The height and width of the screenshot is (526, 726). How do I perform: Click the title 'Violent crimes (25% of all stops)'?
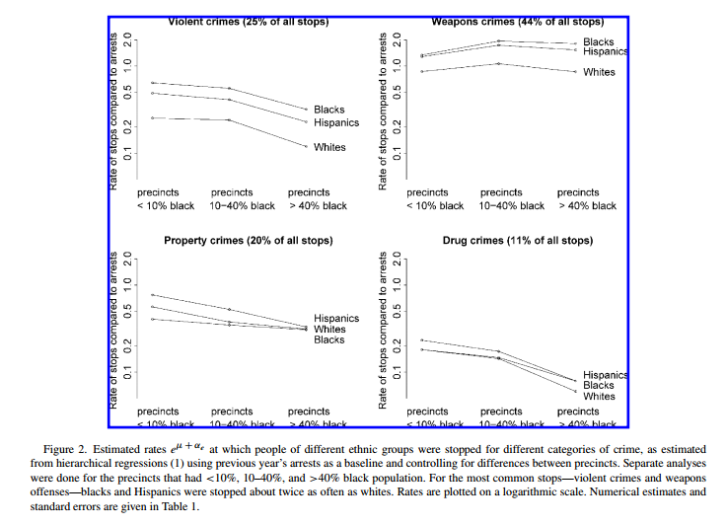(x=248, y=21)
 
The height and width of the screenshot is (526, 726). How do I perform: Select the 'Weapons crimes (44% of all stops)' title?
(x=517, y=21)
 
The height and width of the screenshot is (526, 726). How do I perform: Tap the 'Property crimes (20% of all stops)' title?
(x=248, y=241)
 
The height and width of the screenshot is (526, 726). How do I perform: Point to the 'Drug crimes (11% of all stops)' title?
(x=517, y=241)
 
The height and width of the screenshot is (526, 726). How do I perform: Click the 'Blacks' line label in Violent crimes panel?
(x=328, y=110)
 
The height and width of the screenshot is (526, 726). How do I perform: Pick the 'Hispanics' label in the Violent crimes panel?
(x=336, y=123)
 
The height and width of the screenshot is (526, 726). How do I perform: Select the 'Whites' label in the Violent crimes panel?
(x=329, y=148)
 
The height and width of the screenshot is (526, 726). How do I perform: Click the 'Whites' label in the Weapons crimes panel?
(x=599, y=72)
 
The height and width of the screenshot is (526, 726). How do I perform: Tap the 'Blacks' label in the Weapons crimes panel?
(x=598, y=41)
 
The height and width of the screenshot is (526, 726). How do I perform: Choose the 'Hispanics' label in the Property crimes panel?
(x=336, y=319)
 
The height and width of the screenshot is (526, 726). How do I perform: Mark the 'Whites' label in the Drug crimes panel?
(x=599, y=396)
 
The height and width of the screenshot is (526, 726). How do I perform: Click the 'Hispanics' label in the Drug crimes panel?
(x=606, y=375)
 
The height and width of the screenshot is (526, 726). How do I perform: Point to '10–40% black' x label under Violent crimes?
(x=244, y=206)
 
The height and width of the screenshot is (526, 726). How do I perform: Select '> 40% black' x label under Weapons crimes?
(x=587, y=206)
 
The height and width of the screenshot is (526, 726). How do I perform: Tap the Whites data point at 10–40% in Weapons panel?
(x=499, y=63)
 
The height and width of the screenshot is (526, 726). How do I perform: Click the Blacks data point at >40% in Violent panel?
(x=307, y=109)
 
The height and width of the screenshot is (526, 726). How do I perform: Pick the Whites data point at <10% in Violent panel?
(x=152, y=118)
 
